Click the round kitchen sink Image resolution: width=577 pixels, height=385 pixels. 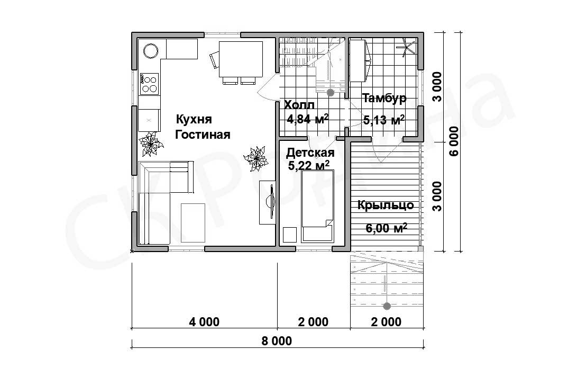[x=151, y=50]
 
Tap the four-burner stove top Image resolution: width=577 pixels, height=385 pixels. [x=149, y=84]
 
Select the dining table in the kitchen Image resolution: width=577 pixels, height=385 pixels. [x=241, y=59]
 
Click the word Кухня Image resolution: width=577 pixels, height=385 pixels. [x=194, y=119]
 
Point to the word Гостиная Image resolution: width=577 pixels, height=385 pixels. [x=203, y=135]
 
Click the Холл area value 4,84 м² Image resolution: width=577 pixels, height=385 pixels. [x=308, y=119]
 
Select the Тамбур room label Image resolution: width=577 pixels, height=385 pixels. [x=384, y=98]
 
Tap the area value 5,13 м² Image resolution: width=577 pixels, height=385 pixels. [x=384, y=119]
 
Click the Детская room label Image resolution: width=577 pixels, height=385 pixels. [x=310, y=152]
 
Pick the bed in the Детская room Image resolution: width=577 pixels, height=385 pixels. [x=317, y=206]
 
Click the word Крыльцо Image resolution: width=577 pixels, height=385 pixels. [x=386, y=205]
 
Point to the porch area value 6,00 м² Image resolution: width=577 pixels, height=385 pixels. [x=387, y=228]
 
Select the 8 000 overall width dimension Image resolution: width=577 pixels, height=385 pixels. [x=277, y=341]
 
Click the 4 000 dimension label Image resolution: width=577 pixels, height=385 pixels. [x=204, y=321]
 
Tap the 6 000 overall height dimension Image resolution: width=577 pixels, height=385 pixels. [x=455, y=141]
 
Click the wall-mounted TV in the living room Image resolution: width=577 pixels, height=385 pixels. [x=271, y=202]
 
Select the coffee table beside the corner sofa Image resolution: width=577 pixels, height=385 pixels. [x=193, y=222]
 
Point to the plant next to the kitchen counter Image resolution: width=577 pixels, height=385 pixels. [x=150, y=144]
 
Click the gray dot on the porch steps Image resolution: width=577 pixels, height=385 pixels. [x=387, y=306]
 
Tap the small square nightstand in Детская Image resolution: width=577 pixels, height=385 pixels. [x=290, y=235]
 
